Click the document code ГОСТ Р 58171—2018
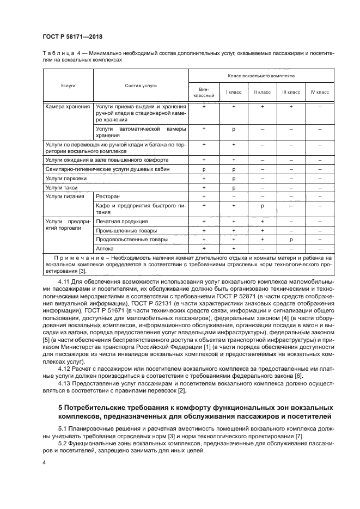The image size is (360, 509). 72,37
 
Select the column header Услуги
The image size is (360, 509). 68,85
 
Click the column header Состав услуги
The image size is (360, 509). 141,85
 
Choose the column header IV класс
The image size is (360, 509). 320,92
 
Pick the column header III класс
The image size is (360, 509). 291,92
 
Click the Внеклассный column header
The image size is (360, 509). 204,92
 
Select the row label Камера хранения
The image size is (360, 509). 68,107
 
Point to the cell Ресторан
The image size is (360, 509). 108,196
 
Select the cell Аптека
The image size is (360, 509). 105,248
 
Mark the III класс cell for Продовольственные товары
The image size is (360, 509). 291,239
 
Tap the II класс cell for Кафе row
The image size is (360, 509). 263,205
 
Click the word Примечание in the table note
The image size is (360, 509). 76,257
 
